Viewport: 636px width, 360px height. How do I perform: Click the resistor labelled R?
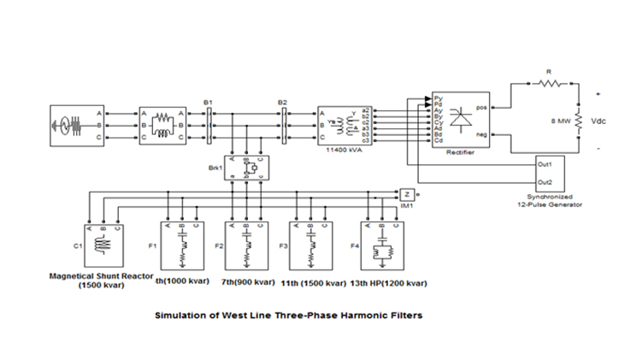(x=548, y=83)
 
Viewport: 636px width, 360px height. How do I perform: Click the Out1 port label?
(x=545, y=162)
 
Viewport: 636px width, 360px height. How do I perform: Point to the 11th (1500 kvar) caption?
(x=311, y=282)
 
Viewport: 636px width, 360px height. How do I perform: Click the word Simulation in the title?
(x=181, y=315)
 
